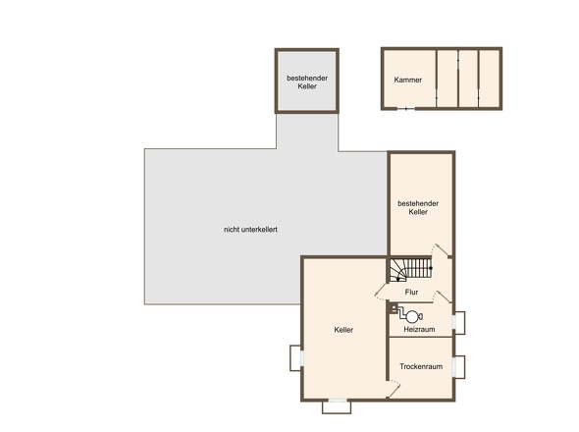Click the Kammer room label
coord(407,80)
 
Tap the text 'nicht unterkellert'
coord(250,230)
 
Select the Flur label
coord(411,293)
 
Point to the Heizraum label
coord(419,329)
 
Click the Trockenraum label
coord(421,366)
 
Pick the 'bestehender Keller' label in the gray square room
coord(307,82)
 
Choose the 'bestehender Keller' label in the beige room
coord(418,208)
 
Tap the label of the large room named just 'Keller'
coord(343,330)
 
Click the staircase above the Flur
coord(410,269)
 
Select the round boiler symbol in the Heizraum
coord(412,316)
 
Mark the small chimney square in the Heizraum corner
coord(394,307)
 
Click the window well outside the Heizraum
coord(459,323)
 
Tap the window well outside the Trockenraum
coord(459,367)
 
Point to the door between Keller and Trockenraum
coord(394,389)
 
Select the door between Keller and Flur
coord(382,291)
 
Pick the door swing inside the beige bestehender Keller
coord(441,250)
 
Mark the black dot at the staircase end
coord(431,268)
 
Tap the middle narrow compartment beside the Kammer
coord(468,79)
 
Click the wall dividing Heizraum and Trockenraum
coord(421,337)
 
